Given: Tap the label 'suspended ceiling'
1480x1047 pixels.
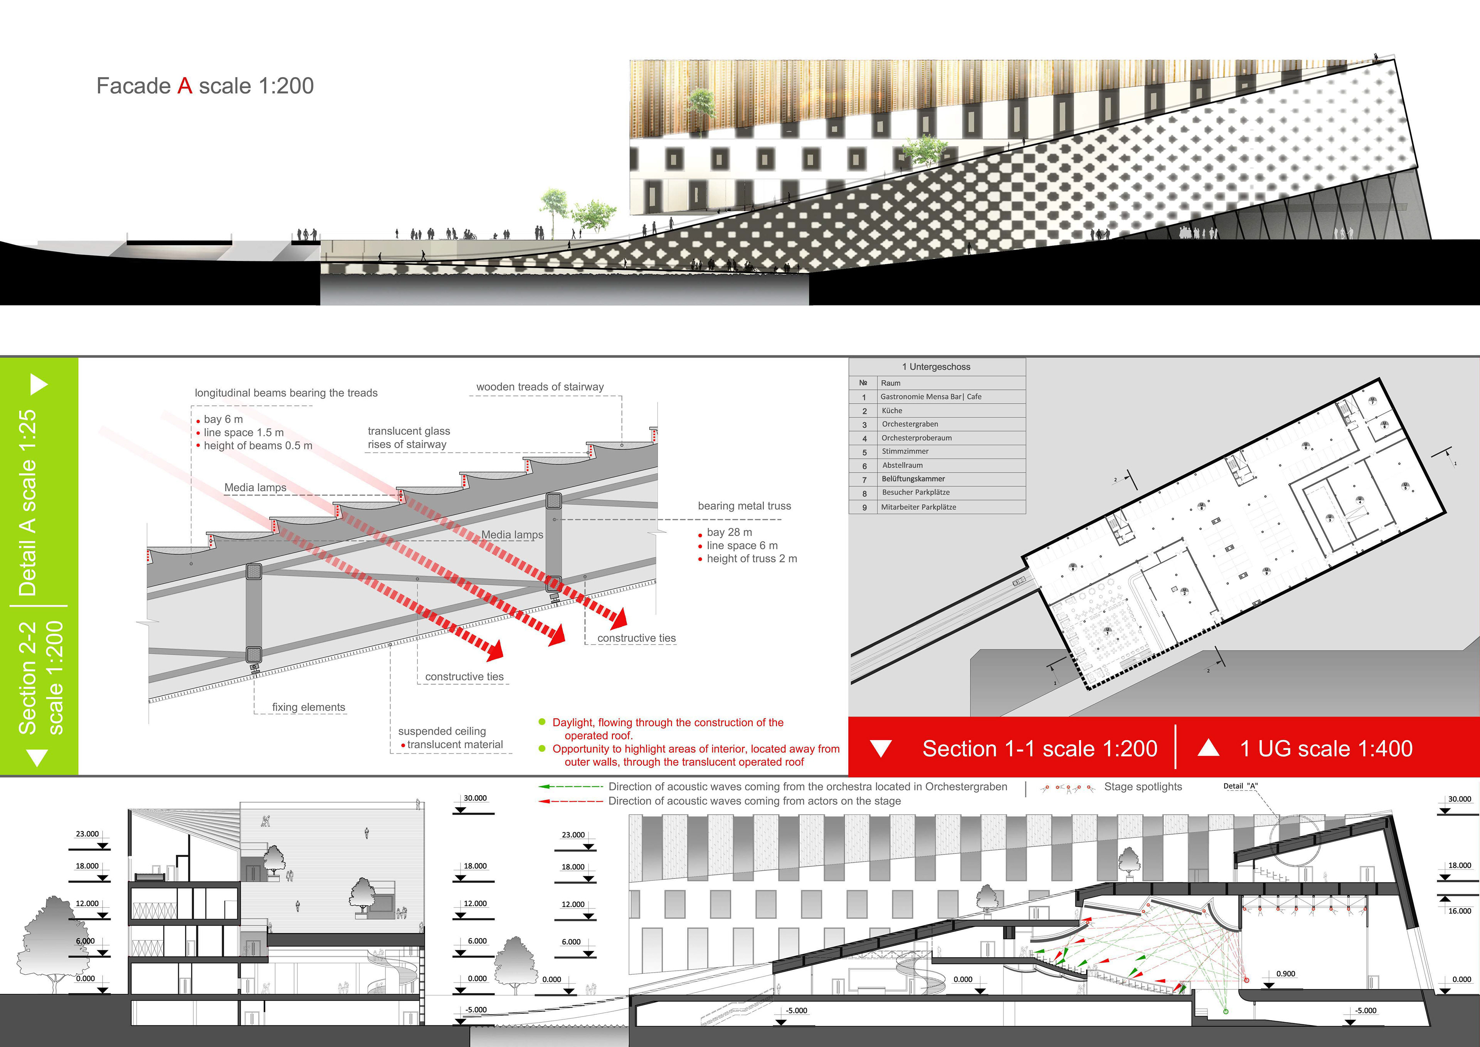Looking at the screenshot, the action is [x=442, y=731].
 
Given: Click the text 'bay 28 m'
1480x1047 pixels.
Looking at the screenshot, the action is [x=729, y=532].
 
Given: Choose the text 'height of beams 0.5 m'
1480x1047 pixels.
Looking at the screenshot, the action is [x=258, y=446].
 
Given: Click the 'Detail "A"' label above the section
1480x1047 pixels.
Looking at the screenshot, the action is [x=1240, y=786].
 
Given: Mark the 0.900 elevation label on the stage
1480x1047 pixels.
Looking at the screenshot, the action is [x=1285, y=973].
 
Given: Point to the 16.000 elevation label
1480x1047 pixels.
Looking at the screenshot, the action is [x=1459, y=911].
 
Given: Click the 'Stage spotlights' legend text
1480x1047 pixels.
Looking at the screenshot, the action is [x=1143, y=786].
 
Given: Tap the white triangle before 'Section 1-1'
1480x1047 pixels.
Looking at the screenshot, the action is [x=881, y=749].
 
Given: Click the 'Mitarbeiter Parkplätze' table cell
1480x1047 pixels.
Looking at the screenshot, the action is [x=918, y=507].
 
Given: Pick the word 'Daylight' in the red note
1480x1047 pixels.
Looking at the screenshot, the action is [x=574, y=723].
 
